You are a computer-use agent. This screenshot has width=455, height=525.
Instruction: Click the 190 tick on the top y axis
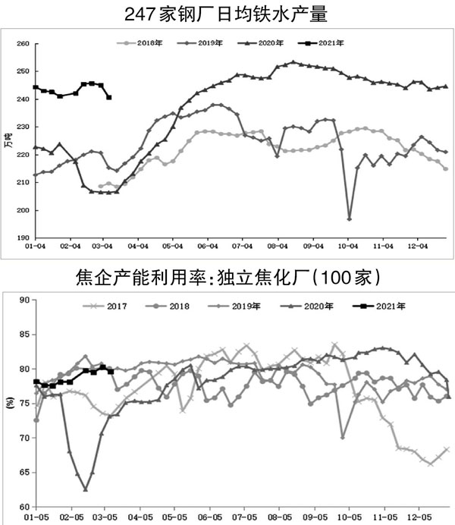click(22, 237)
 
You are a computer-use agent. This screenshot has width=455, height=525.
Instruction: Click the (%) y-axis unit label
click(8, 403)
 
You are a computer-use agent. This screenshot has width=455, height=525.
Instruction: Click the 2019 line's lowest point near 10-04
click(349, 218)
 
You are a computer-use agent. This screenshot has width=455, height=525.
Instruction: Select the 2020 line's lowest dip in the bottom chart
click(86, 490)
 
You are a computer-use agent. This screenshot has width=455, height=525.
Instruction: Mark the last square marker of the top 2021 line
click(109, 97)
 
